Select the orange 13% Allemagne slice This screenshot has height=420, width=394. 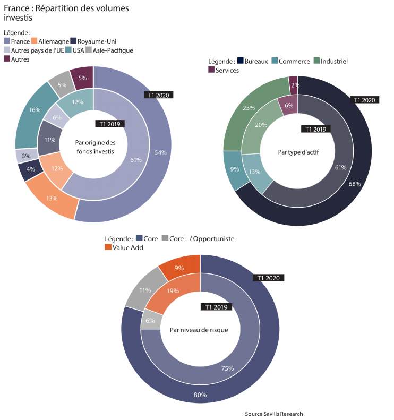click(x=52, y=198)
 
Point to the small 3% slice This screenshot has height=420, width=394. click(x=26, y=156)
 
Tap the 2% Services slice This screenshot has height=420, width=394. click(x=294, y=85)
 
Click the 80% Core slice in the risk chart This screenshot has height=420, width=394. click(x=200, y=394)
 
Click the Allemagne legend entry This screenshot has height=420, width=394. click(x=50, y=41)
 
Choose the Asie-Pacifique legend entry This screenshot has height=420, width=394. click(x=109, y=50)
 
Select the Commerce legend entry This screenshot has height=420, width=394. click(x=290, y=61)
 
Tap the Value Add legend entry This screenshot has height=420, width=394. click(x=124, y=247)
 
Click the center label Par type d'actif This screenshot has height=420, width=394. click(x=298, y=152)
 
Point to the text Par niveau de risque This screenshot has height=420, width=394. click(x=199, y=330)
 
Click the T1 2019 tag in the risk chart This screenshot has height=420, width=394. click(x=216, y=307)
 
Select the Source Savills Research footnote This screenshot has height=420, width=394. click(x=274, y=414)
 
